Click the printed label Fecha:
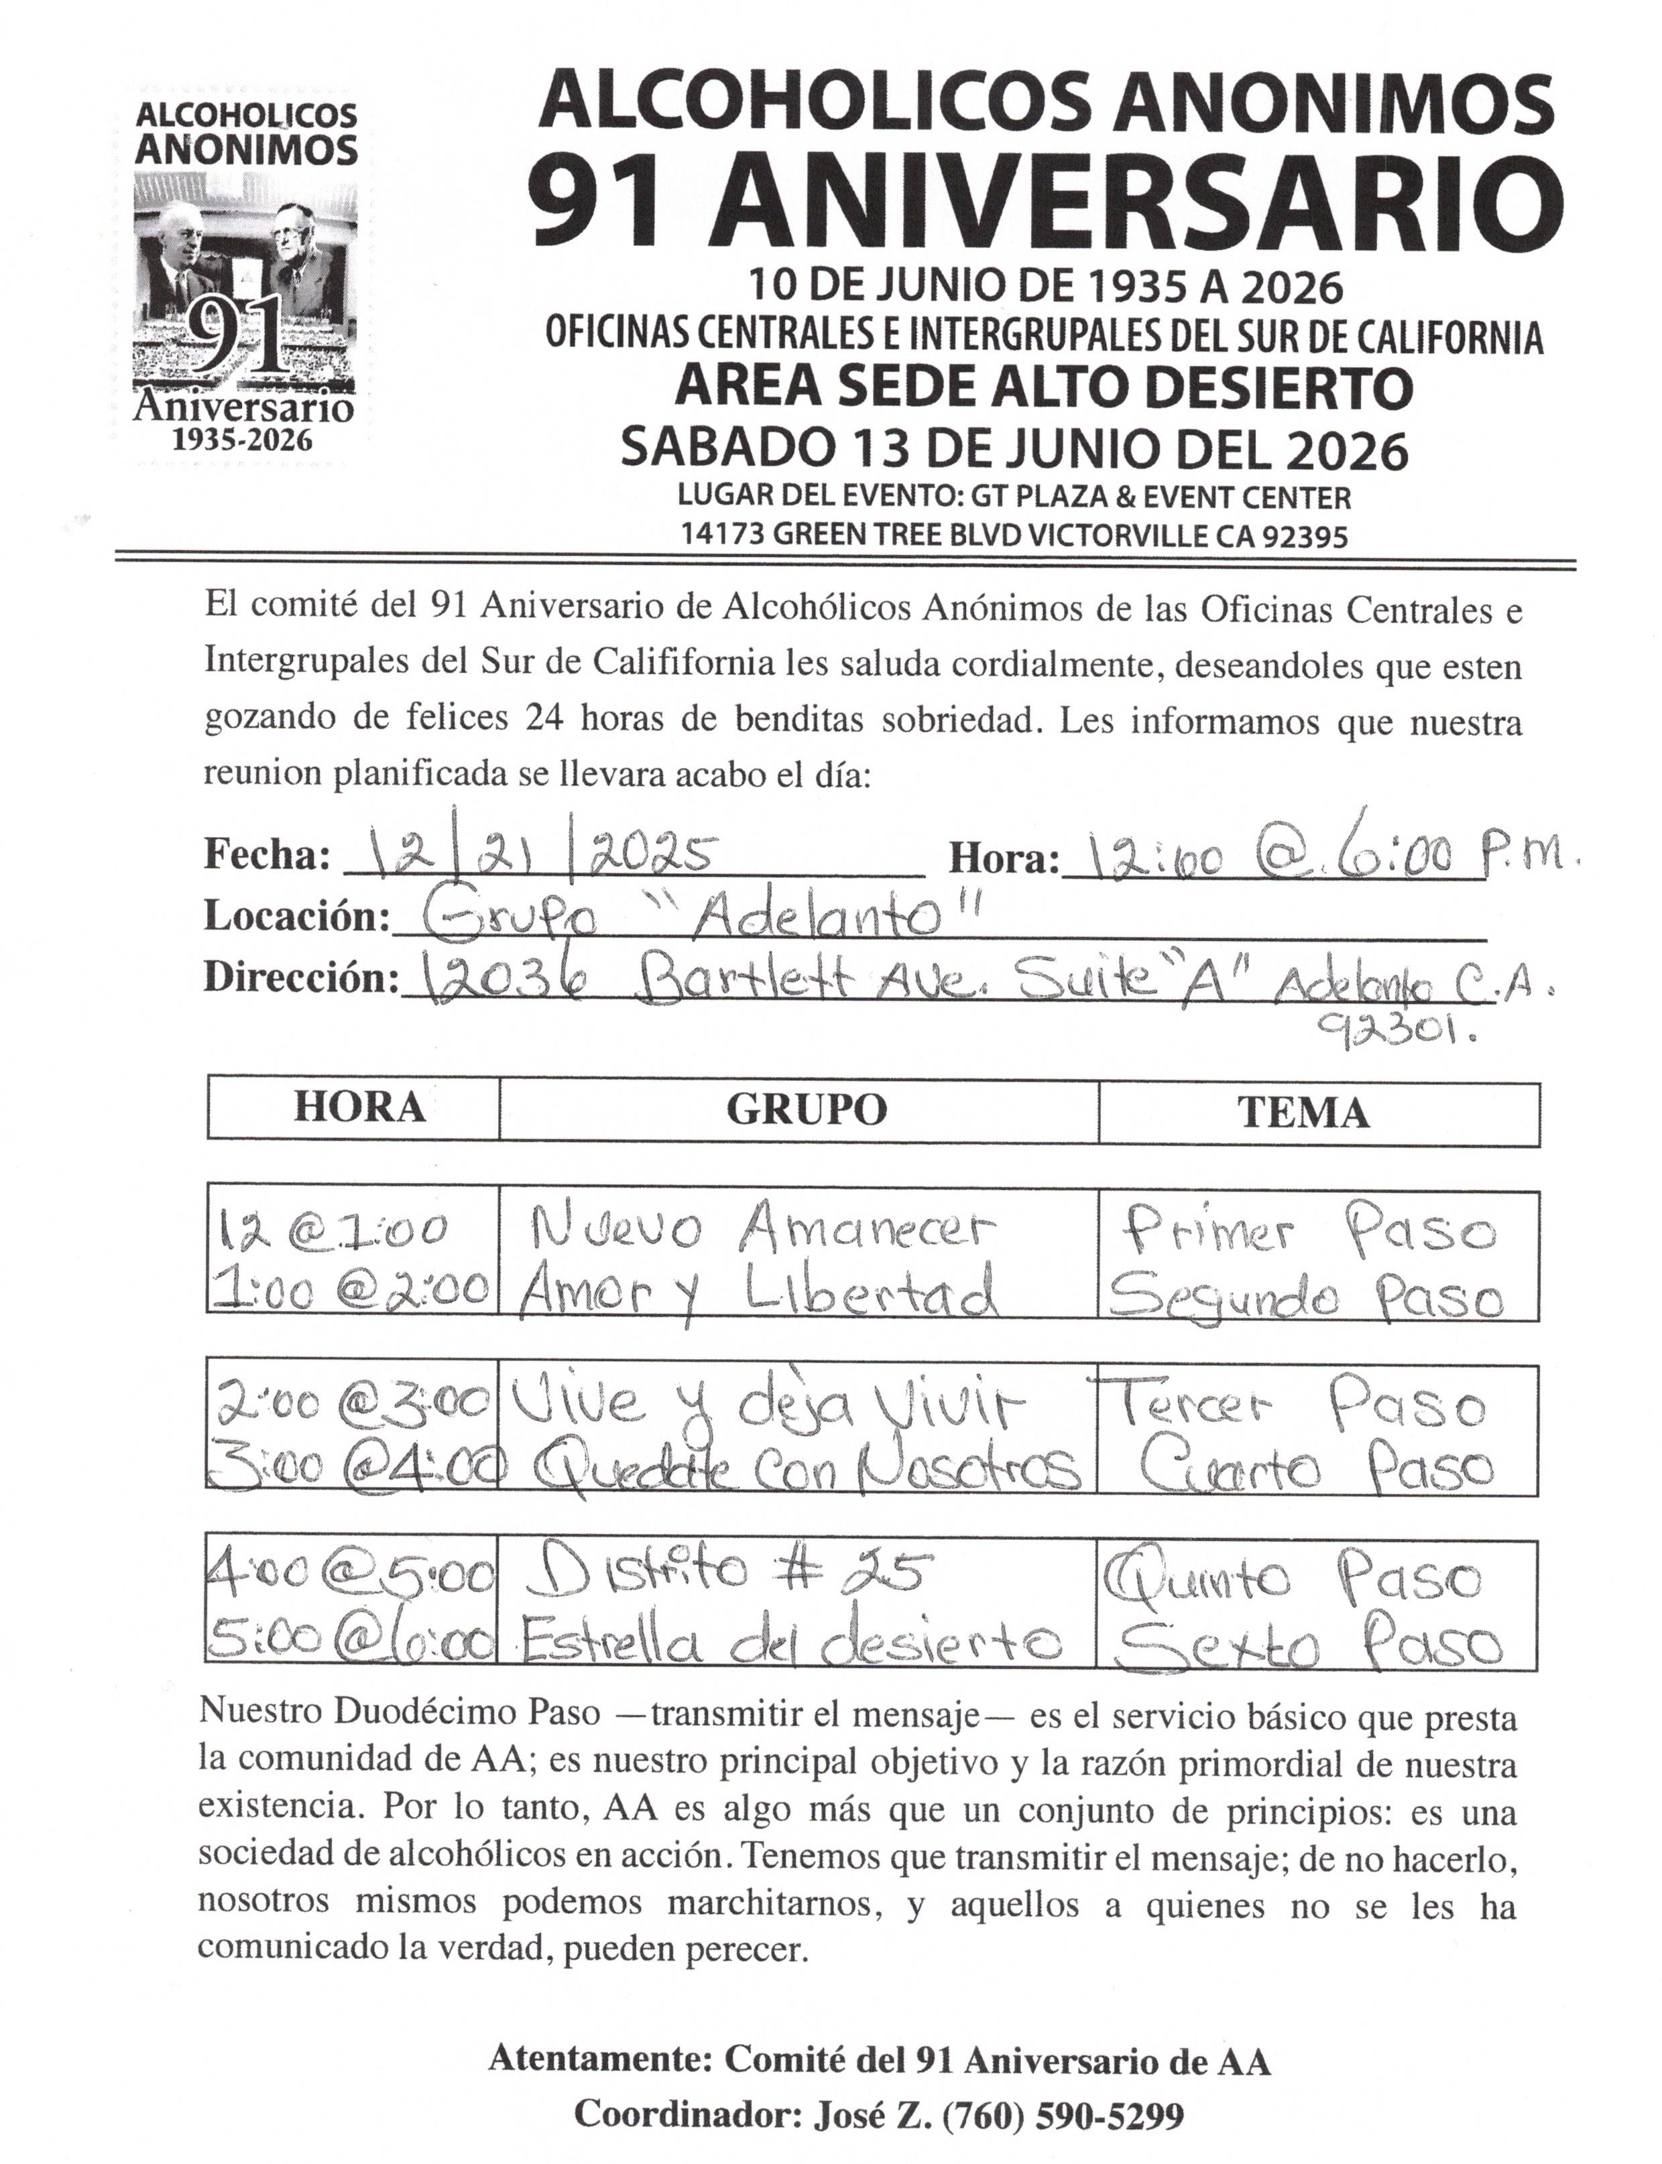(x=267, y=854)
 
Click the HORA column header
(x=359, y=1108)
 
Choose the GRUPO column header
(x=807, y=1110)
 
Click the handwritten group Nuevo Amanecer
(x=760, y=1230)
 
